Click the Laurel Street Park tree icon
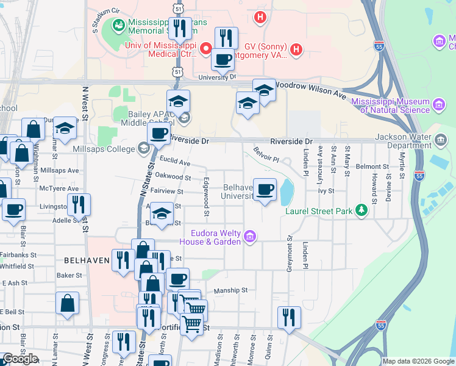coord(362,210)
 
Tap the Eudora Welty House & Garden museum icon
coord(249,237)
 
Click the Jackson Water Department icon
coord(441,142)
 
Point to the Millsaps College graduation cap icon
coord(143,148)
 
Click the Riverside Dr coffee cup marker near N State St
coord(159,133)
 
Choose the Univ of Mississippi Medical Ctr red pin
coord(206,48)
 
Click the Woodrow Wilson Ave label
coord(311,89)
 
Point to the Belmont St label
coord(372,166)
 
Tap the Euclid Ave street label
coord(175,163)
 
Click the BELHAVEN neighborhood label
coord(86,260)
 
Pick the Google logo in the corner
coord(20,359)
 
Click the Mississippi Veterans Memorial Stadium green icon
coord(118,25)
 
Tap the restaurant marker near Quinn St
coord(289,317)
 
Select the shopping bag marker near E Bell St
coord(67,303)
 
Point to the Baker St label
coord(69,276)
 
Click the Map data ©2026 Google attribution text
coord(418,361)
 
